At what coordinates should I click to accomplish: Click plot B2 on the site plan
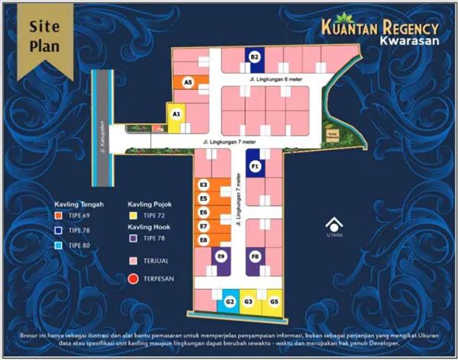point(255,56)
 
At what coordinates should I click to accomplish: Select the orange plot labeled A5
point(185,82)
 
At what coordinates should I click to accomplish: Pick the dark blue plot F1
point(255,164)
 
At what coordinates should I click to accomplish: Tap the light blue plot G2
point(230,303)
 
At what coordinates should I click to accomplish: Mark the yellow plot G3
point(249,303)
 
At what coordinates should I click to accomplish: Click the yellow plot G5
point(273,303)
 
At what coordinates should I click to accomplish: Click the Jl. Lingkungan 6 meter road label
point(271,79)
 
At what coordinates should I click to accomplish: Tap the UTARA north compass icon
point(334,228)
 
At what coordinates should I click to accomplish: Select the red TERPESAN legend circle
point(134,278)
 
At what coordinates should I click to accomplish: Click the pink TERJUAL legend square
point(134,261)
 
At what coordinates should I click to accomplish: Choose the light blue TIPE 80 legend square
point(60,245)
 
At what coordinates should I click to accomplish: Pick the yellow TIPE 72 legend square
point(134,216)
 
